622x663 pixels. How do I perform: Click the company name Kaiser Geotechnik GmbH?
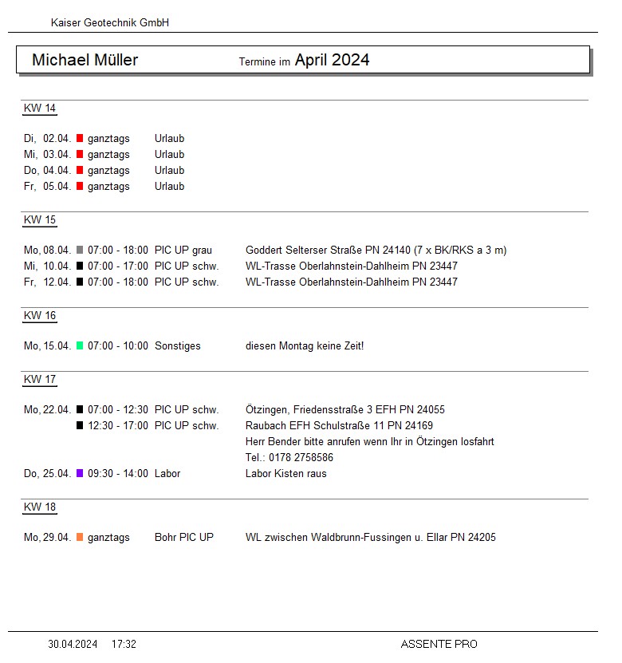[110, 23]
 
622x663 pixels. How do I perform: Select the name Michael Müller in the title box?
[85, 61]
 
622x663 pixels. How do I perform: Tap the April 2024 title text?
[332, 61]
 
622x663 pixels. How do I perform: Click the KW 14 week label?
[40, 109]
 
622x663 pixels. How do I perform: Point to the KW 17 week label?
[40, 380]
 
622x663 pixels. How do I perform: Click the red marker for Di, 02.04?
[80, 139]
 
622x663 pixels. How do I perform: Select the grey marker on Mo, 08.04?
[80, 251]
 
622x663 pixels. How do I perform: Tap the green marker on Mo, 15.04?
[80, 346]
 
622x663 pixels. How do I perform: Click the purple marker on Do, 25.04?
[80, 474]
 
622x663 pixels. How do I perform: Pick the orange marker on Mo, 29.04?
[80, 538]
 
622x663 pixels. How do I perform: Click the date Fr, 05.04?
[48, 187]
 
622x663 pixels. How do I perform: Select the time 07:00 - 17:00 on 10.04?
[118, 266]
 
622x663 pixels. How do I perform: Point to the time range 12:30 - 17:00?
[118, 426]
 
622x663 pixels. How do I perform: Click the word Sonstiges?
[178, 346]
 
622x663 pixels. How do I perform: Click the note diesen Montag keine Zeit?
[305, 346]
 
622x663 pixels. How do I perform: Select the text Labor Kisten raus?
[286, 474]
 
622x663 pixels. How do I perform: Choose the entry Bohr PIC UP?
[184, 538]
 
